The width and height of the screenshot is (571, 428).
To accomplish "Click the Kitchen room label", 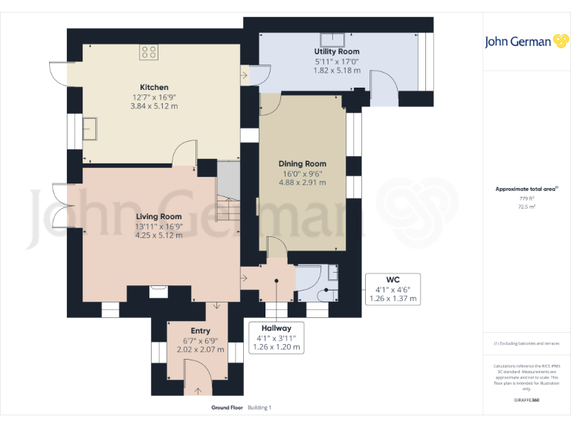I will [x=155, y=87].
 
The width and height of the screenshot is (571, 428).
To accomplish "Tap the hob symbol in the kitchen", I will [x=149, y=53].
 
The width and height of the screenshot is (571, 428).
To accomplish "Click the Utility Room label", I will [x=337, y=51].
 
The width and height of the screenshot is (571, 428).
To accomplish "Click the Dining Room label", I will [x=302, y=163].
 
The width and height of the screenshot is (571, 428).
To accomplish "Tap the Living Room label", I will [x=158, y=216].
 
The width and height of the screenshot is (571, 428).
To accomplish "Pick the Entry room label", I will [x=200, y=331].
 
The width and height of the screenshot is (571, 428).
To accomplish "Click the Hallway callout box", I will [x=276, y=337].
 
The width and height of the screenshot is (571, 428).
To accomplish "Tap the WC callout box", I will [x=393, y=289].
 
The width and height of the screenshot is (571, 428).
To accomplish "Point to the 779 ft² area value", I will [x=526, y=198].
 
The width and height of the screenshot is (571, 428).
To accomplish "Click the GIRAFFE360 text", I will [x=526, y=401].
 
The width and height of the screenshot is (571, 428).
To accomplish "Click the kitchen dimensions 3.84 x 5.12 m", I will [x=155, y=106].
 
